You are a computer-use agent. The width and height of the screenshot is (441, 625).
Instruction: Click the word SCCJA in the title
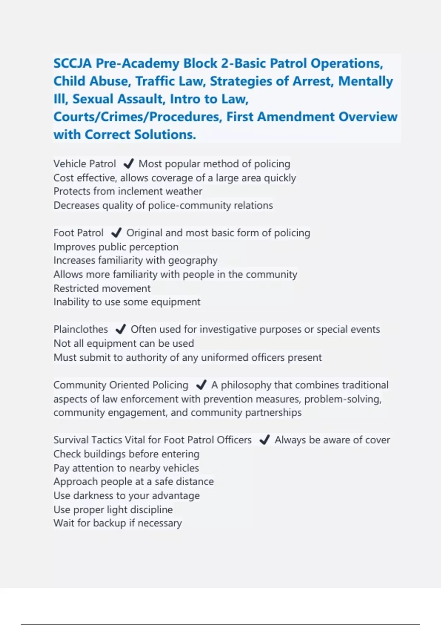click(72, 63)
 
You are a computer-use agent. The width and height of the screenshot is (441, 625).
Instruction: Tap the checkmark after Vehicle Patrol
click(128, 164)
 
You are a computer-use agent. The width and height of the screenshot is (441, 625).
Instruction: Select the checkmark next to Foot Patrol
click(116, 233)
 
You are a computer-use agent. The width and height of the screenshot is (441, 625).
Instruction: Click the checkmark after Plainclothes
click(121, 329)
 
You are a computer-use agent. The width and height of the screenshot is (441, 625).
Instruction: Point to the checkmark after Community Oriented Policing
click(201, 385)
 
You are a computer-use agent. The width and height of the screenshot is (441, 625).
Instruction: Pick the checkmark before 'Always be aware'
click(265, 440)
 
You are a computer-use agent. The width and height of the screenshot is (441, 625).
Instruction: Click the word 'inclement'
click(140, 191)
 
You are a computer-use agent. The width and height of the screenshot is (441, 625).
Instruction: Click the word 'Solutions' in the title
click(164, 135)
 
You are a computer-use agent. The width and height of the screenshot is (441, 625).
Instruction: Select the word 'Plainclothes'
click(80, 329)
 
